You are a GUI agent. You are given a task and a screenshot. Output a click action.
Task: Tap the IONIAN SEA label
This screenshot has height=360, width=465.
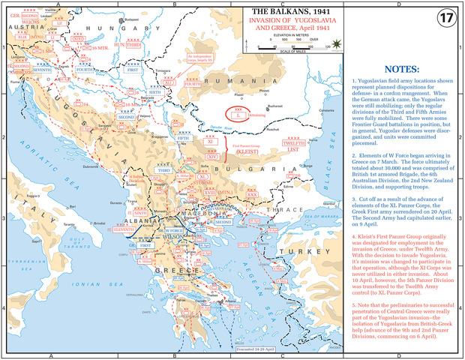[x=105, y=300]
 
